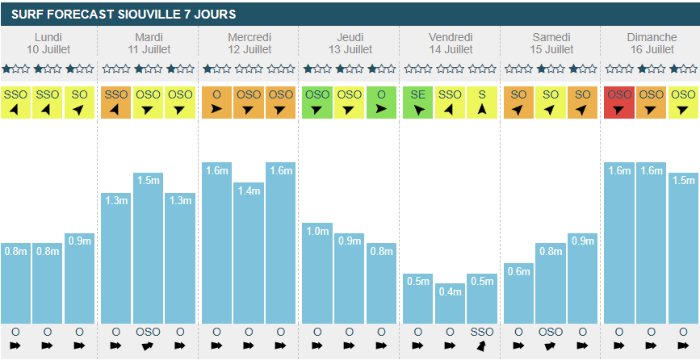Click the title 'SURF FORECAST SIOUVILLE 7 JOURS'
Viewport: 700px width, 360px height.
(124, 15)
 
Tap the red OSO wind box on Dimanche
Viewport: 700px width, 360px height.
(618, 102)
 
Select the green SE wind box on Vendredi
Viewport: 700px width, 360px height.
(417, 102)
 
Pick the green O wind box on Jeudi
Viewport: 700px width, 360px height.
(381, 102)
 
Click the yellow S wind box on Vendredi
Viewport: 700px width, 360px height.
(482, 102)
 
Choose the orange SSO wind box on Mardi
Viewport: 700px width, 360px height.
(116, 102)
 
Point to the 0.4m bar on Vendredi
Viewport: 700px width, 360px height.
(450, 303)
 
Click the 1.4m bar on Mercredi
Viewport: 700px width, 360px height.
(249, 253)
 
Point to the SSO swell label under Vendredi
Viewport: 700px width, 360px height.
(482, 332)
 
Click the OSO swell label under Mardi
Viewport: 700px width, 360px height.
(149, 332)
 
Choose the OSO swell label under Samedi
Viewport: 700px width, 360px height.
(550, 332)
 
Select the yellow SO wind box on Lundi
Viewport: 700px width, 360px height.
(80, 102)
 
